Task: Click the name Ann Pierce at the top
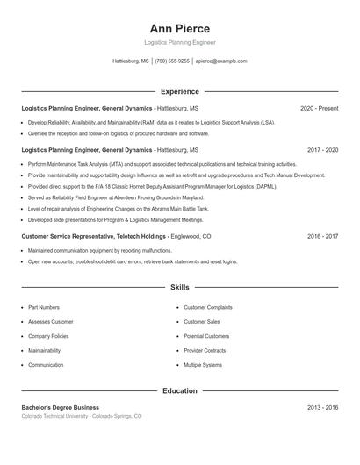coord(180,29)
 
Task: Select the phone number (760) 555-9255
coord(173,61)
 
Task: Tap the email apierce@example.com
coord(221,61)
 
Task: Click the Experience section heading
coord(180,91)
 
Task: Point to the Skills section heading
coord(180,287)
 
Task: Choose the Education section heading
coord(180,390)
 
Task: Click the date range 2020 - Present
coord(319,108)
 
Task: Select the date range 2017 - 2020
coord(322,150)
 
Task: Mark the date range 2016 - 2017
coord(322,236)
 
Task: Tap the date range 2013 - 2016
coord(322,408)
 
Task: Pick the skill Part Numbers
coord(44,308)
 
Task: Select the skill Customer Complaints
coord(208,308)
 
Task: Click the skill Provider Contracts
coord(205,350)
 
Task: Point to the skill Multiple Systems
coord(203,365)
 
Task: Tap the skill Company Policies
coord(48,336)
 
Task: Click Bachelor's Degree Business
coord(61,408)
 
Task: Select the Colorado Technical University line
coord(82,416)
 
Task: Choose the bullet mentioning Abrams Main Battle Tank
coord(118,209)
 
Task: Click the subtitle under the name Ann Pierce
coord(180,42)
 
